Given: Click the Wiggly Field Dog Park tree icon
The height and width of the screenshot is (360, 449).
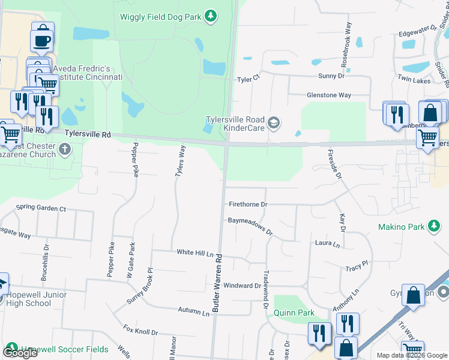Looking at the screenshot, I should point(210,16).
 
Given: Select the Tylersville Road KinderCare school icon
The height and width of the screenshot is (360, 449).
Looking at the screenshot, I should point(274,123).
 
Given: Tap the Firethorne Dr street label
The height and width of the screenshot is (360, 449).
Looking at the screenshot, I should point(247,204).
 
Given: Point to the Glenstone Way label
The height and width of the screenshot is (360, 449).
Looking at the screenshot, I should point(329,95).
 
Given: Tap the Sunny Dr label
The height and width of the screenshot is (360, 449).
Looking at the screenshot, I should point(331,76).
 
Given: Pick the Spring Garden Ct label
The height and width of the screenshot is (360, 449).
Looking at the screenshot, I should point(41,208).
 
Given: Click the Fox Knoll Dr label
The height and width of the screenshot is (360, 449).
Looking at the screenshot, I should point(140,331).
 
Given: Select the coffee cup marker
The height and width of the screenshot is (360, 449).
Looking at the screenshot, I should point(42,40).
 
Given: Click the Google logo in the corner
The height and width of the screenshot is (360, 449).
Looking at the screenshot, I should point(20,353).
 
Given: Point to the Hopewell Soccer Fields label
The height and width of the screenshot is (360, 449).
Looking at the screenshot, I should point(64,349).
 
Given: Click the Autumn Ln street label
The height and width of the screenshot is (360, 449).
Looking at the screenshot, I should point(193,310).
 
